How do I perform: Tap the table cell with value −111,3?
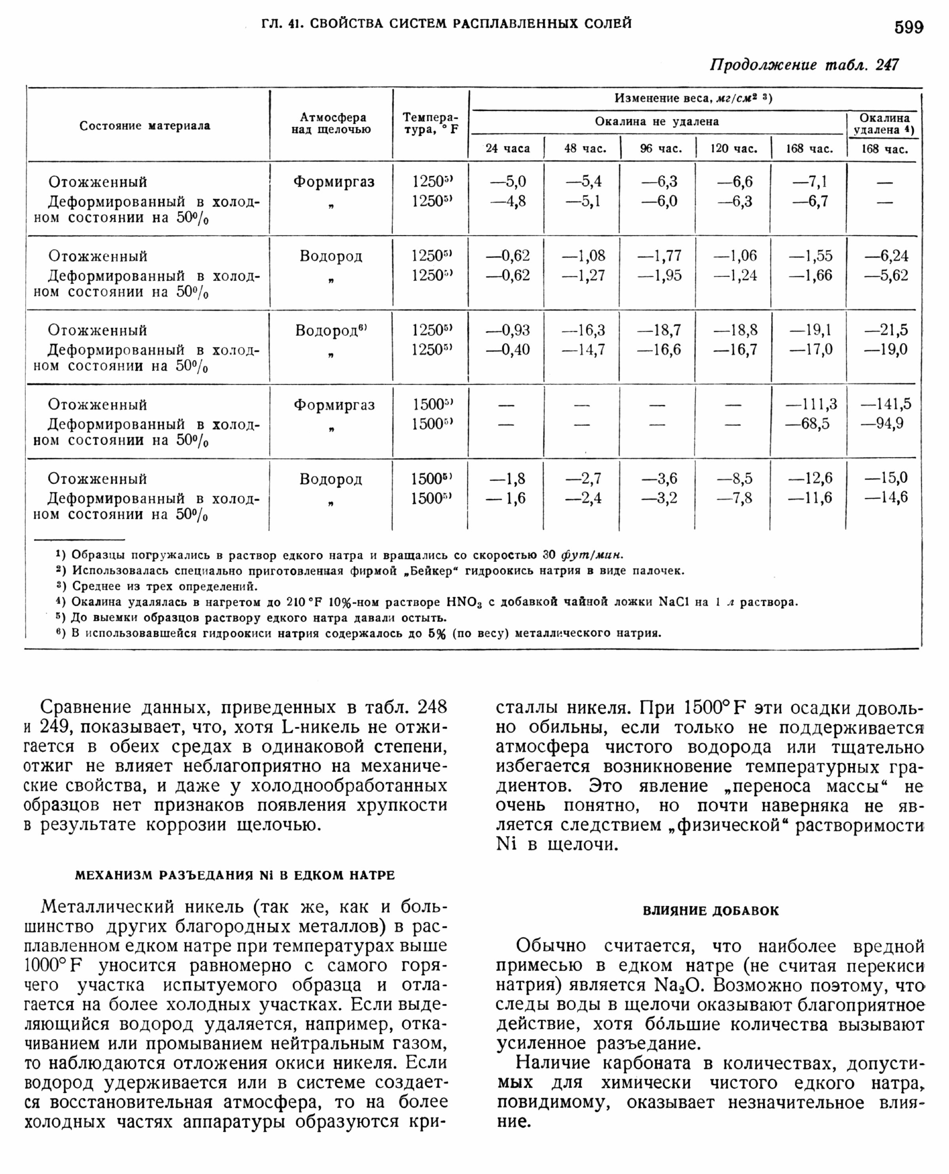(811, 404)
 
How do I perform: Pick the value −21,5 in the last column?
(886, 330)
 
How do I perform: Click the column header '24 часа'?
(507, 148)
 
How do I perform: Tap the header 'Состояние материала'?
(144, 126)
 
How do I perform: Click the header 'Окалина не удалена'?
(656, 121)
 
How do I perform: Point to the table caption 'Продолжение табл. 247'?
(803, 65)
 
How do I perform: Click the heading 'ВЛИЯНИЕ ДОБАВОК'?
(710, 911)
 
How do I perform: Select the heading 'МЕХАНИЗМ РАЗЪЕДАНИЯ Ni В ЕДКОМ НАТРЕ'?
(234, 875)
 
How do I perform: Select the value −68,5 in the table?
(815, 423)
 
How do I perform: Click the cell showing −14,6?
(886, 497)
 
